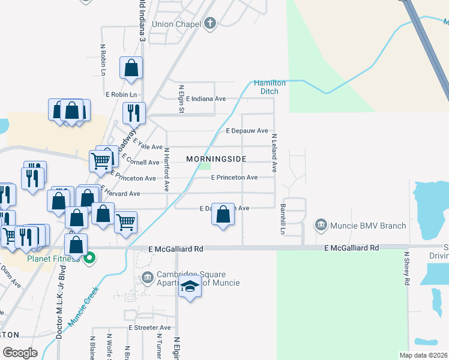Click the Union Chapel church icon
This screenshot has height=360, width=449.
[x=209, y=24]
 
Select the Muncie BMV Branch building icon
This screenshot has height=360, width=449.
[x=321, y=226]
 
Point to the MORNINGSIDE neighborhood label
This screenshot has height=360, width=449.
[x=216, y=159]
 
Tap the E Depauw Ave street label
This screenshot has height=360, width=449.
[x=247, y=130]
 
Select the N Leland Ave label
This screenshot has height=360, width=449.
[x=274, y=153]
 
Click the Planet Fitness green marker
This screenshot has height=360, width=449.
[x=90, y=259]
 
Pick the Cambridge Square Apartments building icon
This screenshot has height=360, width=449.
[x=148, y=278]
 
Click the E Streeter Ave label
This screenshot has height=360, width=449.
[x=150, y=328]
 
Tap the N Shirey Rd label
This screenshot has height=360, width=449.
[x=406, y=268]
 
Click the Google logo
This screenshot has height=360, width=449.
[x=20, y=353]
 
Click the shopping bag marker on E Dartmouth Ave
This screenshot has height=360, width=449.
[x=223, y=214]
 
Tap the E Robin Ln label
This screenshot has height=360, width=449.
[x=121, y=95]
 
